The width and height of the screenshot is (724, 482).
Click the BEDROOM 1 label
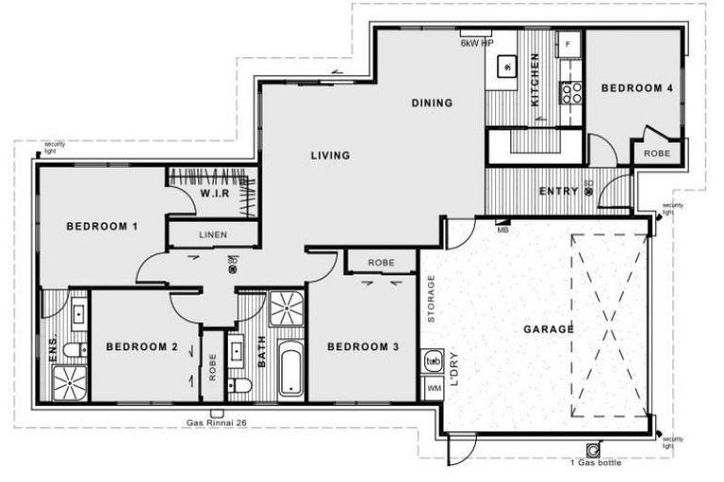click(x=102, y=226)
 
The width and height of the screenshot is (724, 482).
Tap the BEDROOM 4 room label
click(x=637, y=88)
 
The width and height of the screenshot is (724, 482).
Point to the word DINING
click(x=432, y=103)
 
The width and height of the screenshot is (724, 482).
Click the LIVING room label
click(x=330, y=155)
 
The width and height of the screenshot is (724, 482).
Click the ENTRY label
click(x=558, y=192)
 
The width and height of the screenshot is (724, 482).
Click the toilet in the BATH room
click(x=243, y=386)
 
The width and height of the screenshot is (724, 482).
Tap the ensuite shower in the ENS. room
click(x=67, y=381)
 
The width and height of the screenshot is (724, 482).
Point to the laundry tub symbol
click(x=434, y=361)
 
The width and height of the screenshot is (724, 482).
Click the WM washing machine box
click(x=434, y=387)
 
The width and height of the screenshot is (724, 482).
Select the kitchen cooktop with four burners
click(x=572, y=92)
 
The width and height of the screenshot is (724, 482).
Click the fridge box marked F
click(x=568, y=44)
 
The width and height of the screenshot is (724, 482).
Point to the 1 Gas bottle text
click(x=595, y=462)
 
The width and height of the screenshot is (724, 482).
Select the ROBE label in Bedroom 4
click(x=657, y=153)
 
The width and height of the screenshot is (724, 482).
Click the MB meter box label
click(x=502, y=229)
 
